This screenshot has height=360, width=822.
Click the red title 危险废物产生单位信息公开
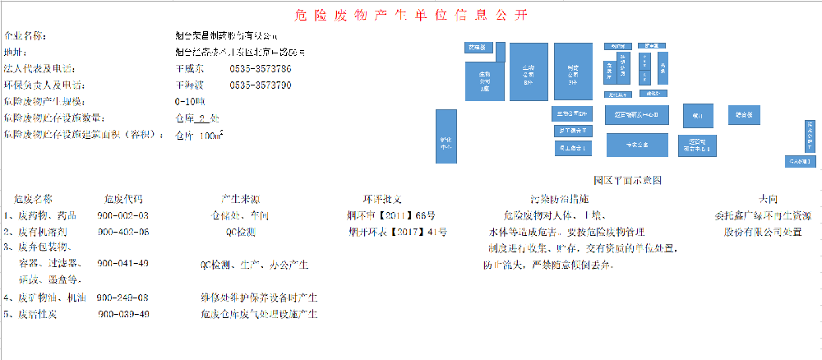pyautogui.click(x=411, y=16)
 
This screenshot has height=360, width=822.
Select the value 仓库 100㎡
pyautogui.click(x=200, y=136)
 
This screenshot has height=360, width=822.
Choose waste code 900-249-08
pyautogui.click(x=122, y=297)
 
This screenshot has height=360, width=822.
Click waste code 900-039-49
pyautogui.click(x=123, y=314)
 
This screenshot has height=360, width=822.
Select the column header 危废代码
pyautogui.click(x=122, y=199)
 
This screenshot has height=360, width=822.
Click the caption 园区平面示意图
pyautogui.click(x=627, y=179)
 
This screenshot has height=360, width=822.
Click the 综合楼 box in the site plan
pyautogui.click(x=745, y=114)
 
